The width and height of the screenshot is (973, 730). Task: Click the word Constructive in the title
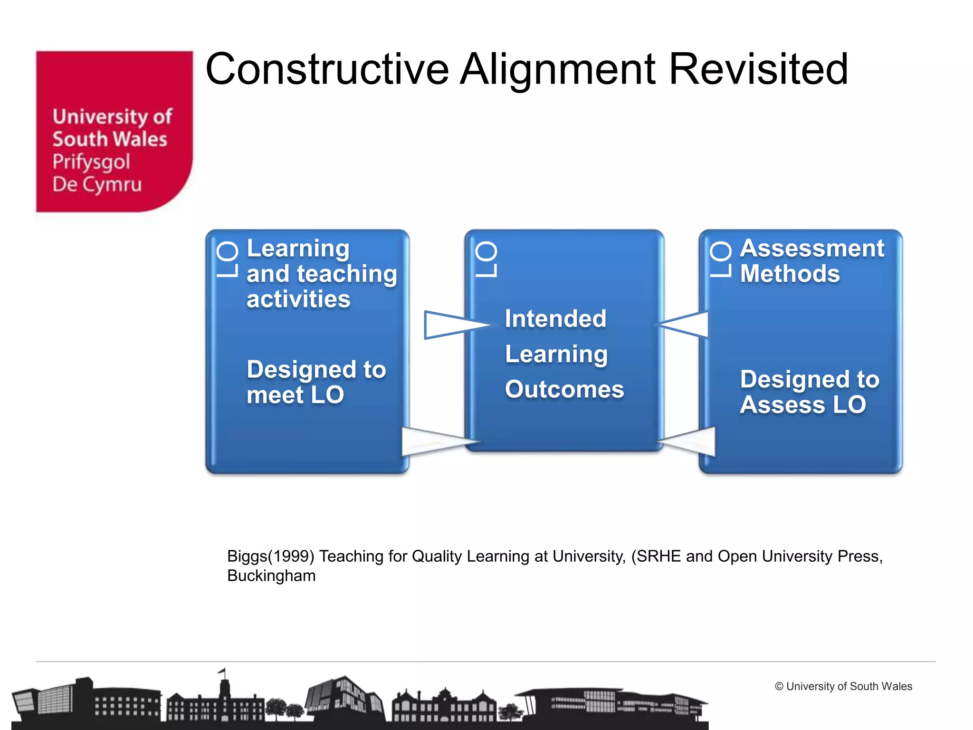[327, 69]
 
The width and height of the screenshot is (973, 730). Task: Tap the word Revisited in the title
[758, 69]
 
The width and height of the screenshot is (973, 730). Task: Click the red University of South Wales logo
[114, 131]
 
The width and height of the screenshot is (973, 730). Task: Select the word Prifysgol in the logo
[91, 163]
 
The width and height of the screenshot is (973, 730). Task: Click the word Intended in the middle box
[555, 318]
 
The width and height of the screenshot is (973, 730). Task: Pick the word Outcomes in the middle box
[564, 389]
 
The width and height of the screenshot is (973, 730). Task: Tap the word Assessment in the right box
[812, 249]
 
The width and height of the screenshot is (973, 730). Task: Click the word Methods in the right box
[790, 274]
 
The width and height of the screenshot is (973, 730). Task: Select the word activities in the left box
[298, 299]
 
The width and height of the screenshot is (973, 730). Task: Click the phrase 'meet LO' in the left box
[295, 395]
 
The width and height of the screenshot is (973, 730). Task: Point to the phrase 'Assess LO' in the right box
[803, 405]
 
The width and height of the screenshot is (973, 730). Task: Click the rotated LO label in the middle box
[486, 259]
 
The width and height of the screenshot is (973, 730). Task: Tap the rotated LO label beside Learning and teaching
[227, 259]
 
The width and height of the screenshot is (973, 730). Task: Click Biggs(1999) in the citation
[270, 556]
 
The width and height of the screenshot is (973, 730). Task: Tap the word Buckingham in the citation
[271, 576]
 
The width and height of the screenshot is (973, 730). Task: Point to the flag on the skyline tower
[222, 671]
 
